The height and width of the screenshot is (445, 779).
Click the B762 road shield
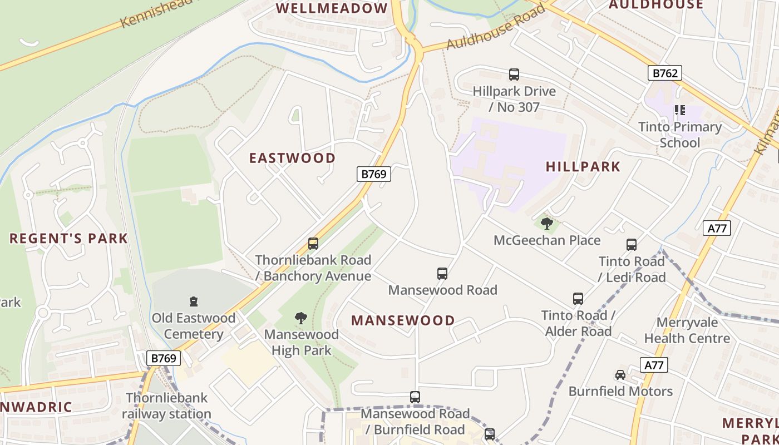(x=664, y=73)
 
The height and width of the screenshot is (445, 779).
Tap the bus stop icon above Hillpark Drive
(x=514, y=75)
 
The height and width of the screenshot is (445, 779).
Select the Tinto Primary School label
(x=680, y=135)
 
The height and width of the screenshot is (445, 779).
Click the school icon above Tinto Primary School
(x=679, y=110)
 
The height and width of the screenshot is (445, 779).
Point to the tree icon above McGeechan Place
(x=547, y=224)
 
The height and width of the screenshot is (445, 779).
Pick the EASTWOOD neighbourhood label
(x=292, y=158)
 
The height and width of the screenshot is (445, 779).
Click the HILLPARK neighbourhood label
(x=583, y=166)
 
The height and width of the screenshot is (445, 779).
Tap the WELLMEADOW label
(x=332, y=8)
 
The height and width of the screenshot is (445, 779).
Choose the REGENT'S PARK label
(x=68, y=239)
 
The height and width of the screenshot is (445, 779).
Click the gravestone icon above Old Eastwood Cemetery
(x=194, y=301)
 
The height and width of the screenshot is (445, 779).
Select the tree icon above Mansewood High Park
(x=301, y=318)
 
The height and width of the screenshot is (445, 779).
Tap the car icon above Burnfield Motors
(x=620, y=375)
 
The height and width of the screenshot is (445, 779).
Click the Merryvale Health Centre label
(x=687, y=330)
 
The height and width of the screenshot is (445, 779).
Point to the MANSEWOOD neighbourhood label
(x=403, y=320)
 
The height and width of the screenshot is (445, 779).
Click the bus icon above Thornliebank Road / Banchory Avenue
(x=313, y=244)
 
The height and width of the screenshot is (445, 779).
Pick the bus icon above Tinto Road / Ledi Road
(x=632, y=245)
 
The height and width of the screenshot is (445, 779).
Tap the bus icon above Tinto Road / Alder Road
(x=578, y=299)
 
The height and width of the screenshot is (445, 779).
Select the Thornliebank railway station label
(x=166, y=406)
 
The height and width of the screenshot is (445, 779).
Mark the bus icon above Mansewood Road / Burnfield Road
(x=415, y=397)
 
